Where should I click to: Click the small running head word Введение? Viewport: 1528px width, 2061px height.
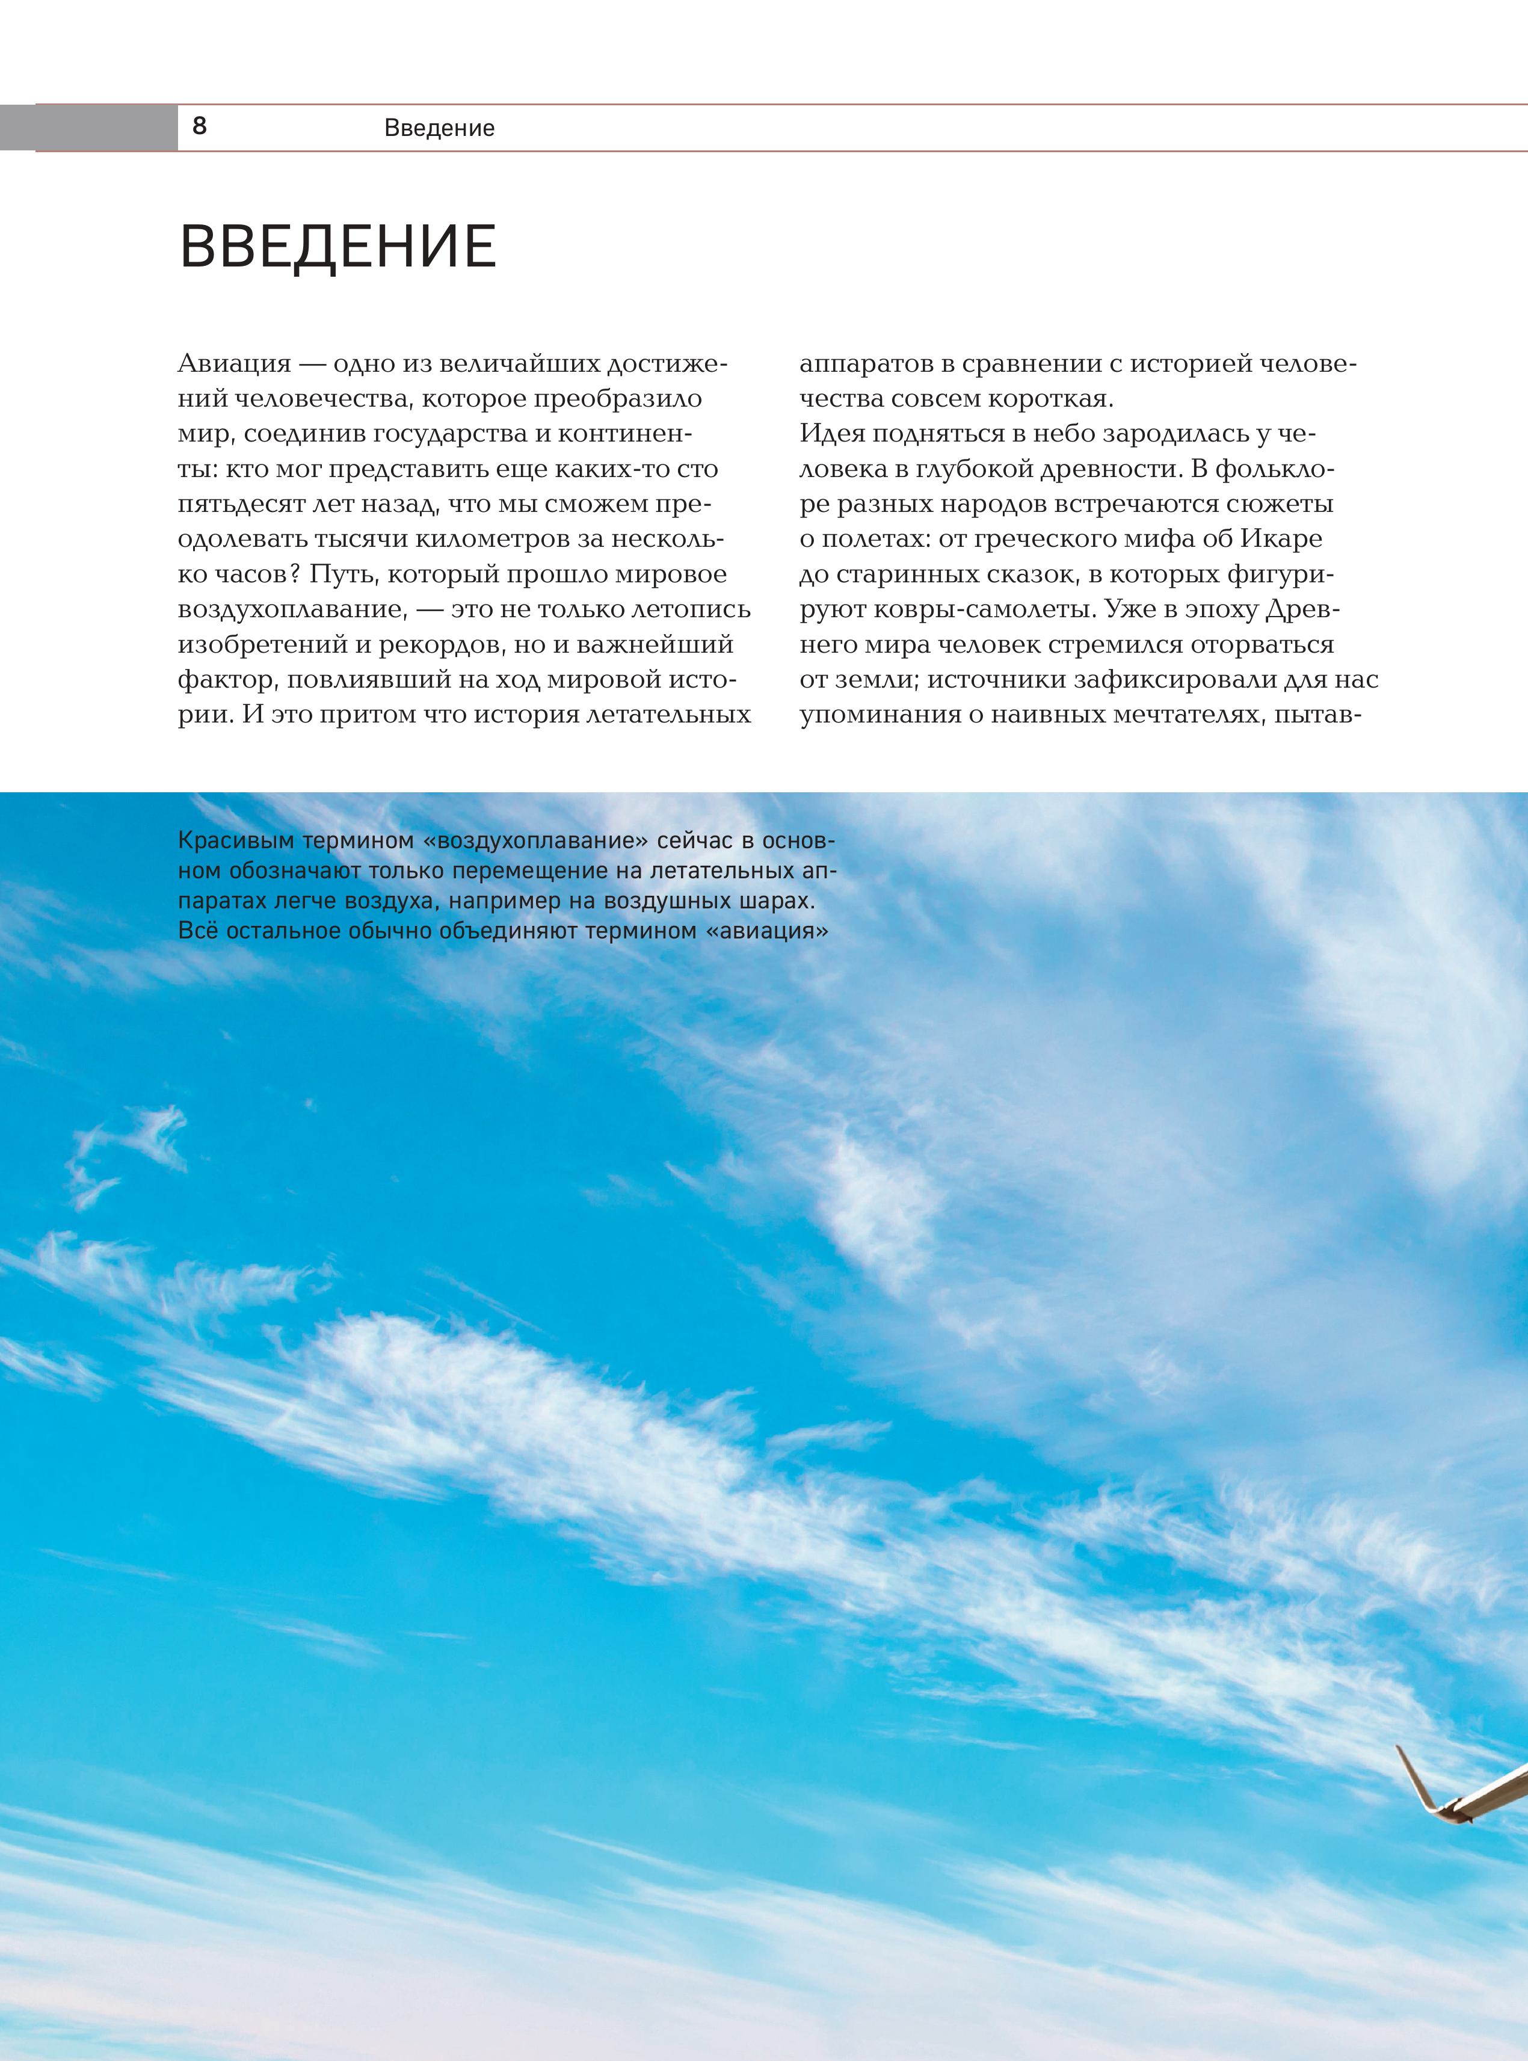439,128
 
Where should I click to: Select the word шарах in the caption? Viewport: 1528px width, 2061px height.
781,901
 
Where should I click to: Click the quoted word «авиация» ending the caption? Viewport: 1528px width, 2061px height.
767,931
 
